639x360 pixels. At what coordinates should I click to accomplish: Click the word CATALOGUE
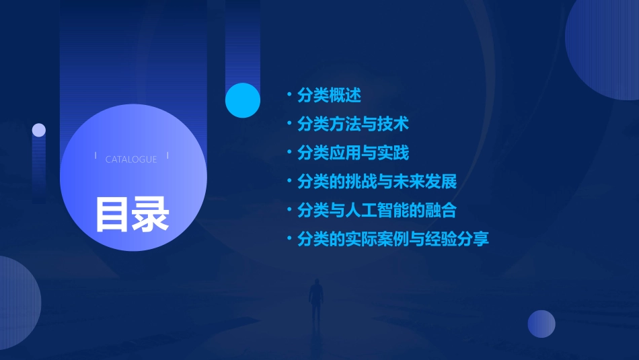point(131,159)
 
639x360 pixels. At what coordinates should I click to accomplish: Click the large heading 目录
point(132,214)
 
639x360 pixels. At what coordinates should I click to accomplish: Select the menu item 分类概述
point(329,96)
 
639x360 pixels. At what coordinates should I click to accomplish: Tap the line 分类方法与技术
point(352,124)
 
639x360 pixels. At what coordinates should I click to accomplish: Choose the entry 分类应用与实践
point(352,153)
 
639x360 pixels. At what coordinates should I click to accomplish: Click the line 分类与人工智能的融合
point(377,210)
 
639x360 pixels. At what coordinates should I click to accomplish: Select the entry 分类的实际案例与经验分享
point(393,239)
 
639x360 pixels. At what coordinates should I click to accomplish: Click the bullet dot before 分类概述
point(289,96)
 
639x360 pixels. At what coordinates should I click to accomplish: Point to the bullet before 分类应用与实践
point(289,153)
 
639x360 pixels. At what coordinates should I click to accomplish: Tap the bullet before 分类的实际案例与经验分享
point(289,239)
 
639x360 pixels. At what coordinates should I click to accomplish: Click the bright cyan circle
point(242,100)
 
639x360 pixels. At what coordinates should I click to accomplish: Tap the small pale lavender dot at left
point(39,130)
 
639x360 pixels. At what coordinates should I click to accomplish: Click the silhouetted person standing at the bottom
point(315,299)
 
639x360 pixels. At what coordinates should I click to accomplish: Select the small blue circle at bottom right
point(541,324)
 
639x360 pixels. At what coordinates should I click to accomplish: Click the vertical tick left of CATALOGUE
point(96,156)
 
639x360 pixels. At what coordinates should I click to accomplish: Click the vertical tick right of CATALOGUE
point(167,156)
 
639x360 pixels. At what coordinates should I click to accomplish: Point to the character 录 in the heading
point(151,214)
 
